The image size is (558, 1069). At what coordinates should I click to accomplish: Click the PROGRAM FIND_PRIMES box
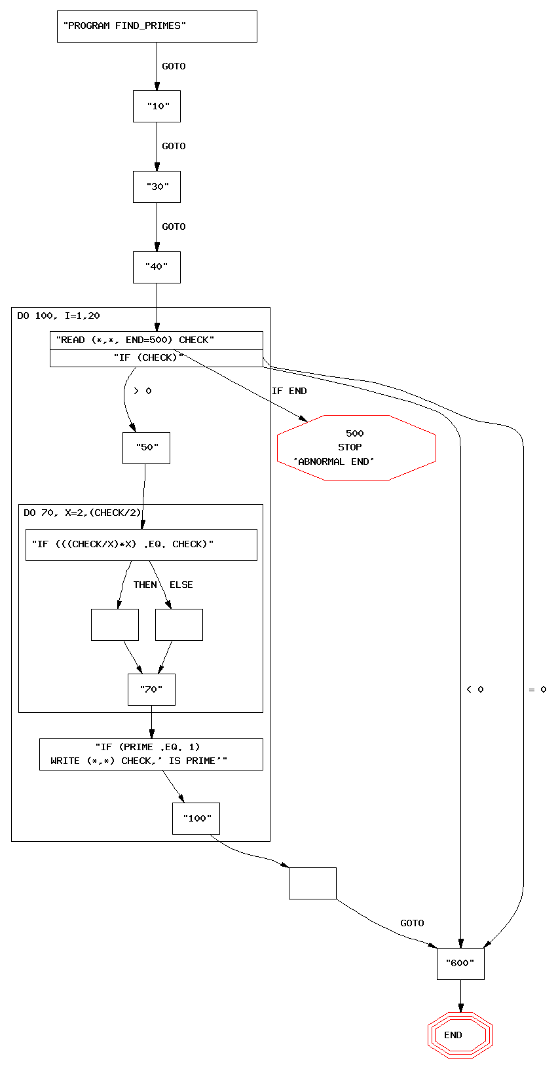pyautogui.click(x=157, y=26)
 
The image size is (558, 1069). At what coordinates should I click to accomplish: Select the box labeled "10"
pyautogui.click(x=157, y=106)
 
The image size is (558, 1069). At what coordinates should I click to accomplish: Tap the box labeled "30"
pyautogui.click(x=157, y=187)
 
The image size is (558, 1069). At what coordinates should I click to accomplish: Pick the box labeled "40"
pyautogui.click(x=157, y=267)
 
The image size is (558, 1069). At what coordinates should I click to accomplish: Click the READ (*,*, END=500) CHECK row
pyautogui.click(x=156, y=340)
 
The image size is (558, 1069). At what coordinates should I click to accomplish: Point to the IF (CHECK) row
pyautogui.click(x=156, y=358)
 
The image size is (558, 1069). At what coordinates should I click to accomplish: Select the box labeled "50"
pyautogui.click(x=146, y=448)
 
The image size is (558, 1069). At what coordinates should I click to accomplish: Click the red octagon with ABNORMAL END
pyautogui.click(x=356, y=448)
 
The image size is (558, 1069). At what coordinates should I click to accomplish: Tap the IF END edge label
pyautogui.click(x=289, y=391)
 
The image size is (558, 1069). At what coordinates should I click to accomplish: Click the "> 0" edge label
pyautogui.click(x=142, y=391)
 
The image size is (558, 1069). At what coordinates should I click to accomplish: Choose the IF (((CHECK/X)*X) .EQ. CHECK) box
pyautogui.click(x=141, y=545)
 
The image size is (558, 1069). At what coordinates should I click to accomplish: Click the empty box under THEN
pyautogui.click(x=115, y=625)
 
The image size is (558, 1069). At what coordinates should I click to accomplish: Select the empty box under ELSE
pyautogui.click(x=179, y=625)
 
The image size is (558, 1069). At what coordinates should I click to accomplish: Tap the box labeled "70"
pyautogui.click(x=151, y=689)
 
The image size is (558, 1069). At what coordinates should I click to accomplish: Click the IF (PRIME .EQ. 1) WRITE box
pyautogui.click(x=151, y=754)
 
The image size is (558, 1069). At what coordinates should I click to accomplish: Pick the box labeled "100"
pyautogui.click(x=196, y=818)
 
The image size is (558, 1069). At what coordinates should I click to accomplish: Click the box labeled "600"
pyautogui.click(x=460, y=964)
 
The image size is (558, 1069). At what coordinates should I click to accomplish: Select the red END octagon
pyautogui.click(x=460, y=1035)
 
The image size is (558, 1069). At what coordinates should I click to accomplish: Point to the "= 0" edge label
pyautogui.click(x=537, y=689)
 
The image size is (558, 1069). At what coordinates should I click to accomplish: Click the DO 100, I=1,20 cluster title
pyautogui.click(x=58, y=316)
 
